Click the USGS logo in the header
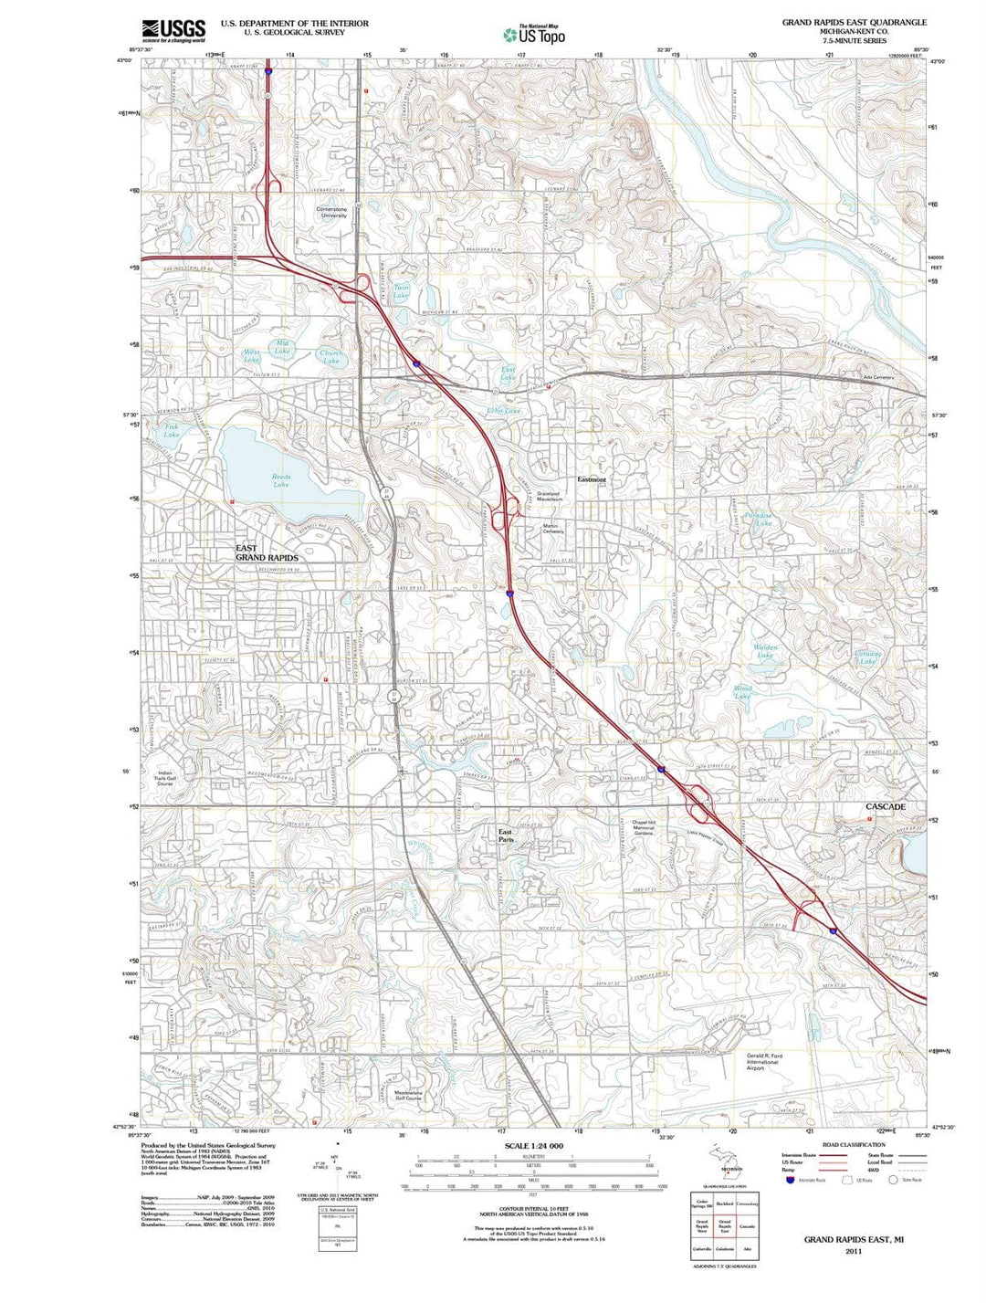(173, 30)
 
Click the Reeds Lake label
(281, 480)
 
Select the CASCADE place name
(885, 807)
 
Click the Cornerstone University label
(332, 212)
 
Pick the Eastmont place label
(592, 479)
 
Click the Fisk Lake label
(172, 430)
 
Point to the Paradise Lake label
(759, 519)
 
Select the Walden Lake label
(765, 651)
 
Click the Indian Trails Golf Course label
(164, 778)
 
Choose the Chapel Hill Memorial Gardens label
(645, 827)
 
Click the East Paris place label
(506, 835)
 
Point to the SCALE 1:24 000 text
(533, 1145)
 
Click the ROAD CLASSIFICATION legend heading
(854, 1144)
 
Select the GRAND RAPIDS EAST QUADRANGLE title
(854, 22)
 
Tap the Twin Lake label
(401, 292)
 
